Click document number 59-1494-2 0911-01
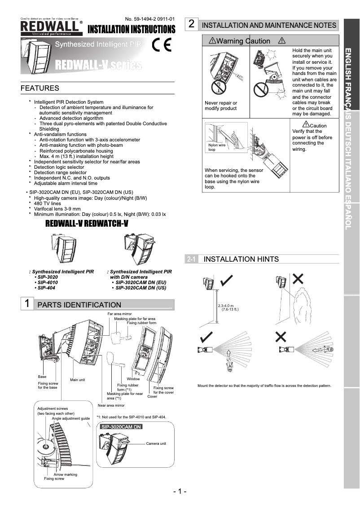point(150,19)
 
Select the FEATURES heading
point(40,88)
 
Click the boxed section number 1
point(27,303)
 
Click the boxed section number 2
point(191,24)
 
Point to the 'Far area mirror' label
point(120,313)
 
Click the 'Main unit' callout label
point(77,380)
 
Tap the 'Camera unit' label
point(156,443)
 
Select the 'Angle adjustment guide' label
point(71,418)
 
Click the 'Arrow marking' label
point(65,474)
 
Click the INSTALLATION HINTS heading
point(241,259)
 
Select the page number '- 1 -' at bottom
point(180,491)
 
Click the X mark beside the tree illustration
point(298,279)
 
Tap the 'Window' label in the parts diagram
point(133,379)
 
